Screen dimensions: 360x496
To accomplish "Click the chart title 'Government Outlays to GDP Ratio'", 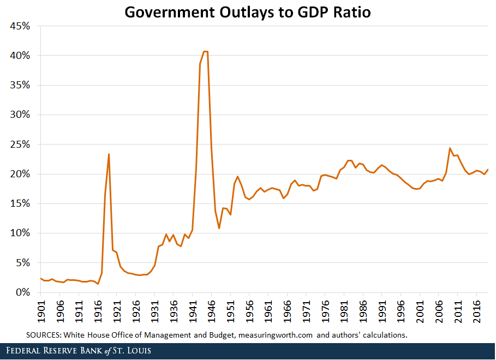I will point(248,12).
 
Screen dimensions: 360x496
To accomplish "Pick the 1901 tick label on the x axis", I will point(40,310).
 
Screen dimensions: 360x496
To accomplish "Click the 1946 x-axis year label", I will point(211,310).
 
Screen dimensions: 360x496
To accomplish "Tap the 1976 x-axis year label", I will point(325,310).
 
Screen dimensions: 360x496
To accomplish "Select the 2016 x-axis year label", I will point(476,310).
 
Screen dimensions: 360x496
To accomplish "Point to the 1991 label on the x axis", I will point(382,310).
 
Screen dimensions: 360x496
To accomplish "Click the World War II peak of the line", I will point(205,51).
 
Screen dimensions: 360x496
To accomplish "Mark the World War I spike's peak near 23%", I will point(109,154).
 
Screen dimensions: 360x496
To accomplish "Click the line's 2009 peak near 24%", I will point(450,148).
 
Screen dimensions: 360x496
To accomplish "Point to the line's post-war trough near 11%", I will point(219,228).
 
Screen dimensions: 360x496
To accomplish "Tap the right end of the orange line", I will point(488,169).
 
